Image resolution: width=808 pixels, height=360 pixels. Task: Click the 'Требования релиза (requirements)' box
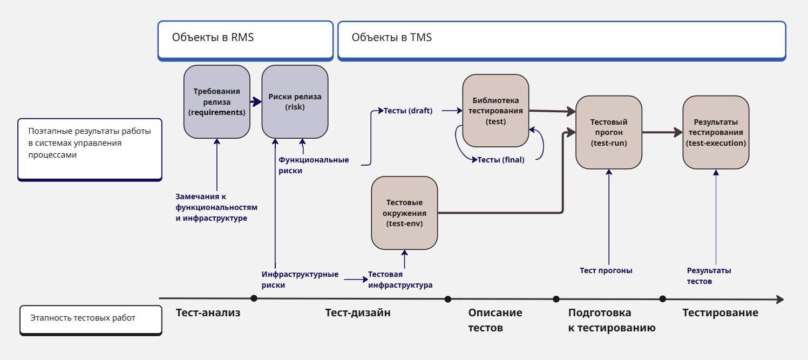[216, 102]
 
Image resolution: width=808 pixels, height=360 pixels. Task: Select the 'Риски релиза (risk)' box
[295, 102]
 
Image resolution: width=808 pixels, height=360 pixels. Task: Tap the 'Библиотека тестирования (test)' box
[495, 111]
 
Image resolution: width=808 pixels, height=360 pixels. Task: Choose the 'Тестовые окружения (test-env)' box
[404, 213]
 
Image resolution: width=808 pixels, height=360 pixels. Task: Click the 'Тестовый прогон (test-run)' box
[609, 132]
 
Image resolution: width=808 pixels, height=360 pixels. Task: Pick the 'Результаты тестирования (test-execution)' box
[716, 132]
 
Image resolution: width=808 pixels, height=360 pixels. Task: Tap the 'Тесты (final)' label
[501, 160]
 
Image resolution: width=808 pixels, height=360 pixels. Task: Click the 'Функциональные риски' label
[313, 165]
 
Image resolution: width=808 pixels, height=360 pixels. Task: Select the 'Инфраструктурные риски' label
[300, 280]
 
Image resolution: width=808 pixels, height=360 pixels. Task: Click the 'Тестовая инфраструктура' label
[400, 280]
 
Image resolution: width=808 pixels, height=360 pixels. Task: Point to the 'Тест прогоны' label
[606, 270]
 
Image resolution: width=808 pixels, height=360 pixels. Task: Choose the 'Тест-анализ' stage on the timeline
[208, 313]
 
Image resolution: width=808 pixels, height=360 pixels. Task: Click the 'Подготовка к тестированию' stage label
[612, 320]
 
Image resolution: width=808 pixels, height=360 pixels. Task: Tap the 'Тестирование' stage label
[720, 313]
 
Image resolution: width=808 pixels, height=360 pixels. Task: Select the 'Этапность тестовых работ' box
[90, 318]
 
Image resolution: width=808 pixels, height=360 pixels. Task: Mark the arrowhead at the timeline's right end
[780, 299]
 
